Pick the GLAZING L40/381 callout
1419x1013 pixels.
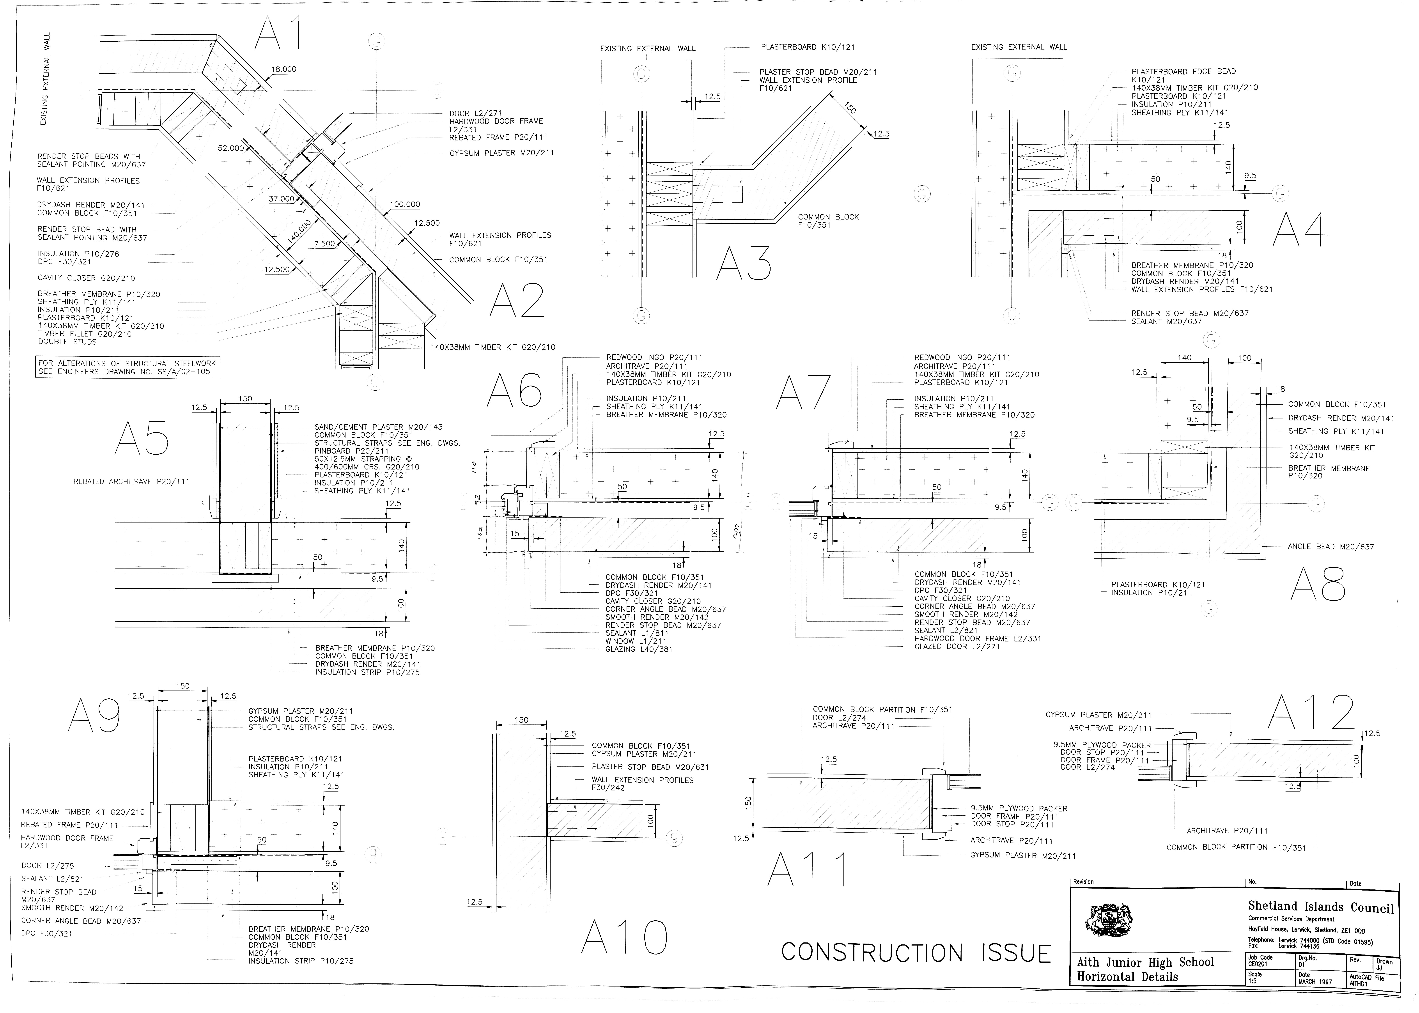point(639,649)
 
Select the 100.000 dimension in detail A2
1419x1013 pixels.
point(405,204)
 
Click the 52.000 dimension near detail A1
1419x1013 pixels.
point(231,149)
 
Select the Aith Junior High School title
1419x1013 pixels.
point(1145,962)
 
